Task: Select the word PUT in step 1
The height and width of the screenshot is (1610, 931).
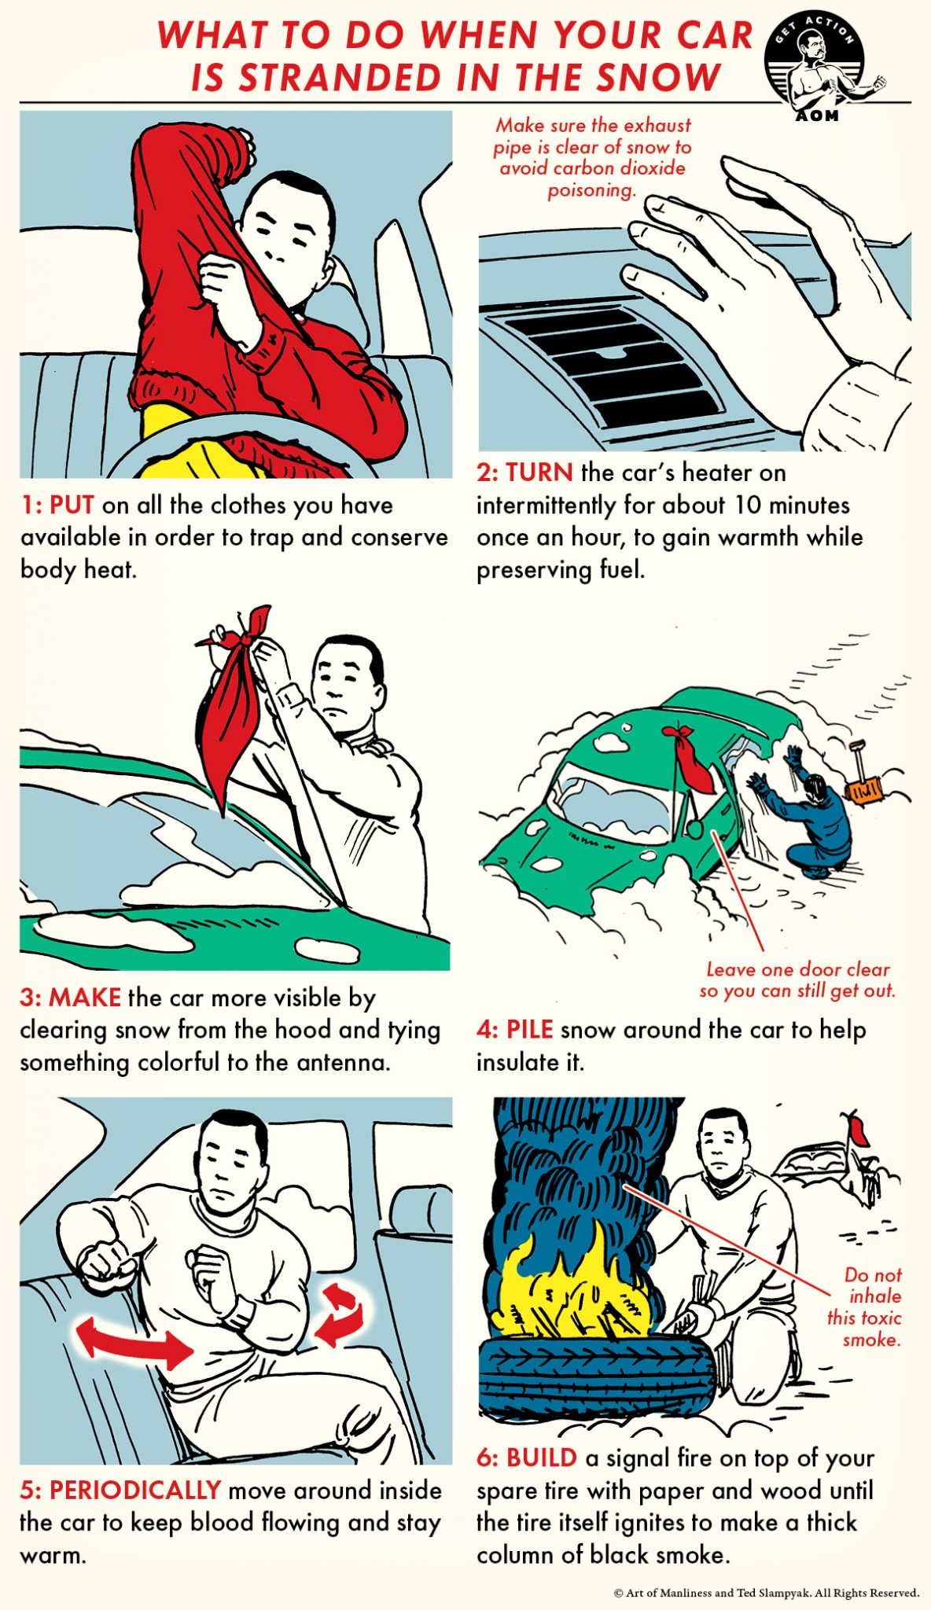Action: click(72, 505)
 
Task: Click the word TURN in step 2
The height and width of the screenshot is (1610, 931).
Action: click(539, 472)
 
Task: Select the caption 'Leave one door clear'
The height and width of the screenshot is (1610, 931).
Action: click(797, 969)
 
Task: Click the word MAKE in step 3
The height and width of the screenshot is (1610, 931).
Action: click(85, 998)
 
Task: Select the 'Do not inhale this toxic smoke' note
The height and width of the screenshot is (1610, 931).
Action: click(864, 1307)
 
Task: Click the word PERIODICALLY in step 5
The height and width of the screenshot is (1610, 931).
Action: click(134, 1490)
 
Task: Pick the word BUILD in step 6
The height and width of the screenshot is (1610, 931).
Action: click(541, 1457)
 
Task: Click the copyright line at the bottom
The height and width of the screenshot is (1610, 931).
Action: click(766, 1593)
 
